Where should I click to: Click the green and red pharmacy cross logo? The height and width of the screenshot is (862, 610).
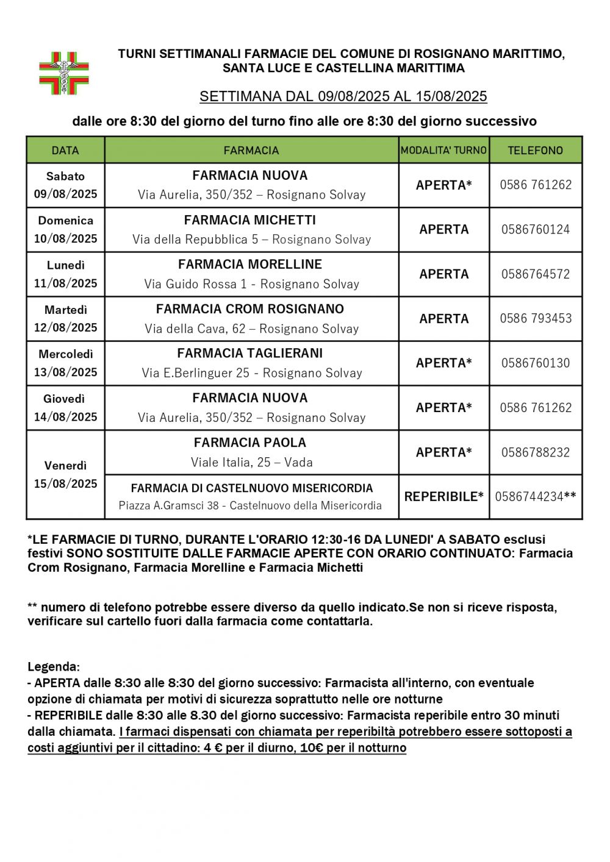point(65,73)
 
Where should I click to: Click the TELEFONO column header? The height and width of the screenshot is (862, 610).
point(535,150)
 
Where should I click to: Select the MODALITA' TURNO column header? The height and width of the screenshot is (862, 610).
point(443,150)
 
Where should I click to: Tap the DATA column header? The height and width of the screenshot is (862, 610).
point(65,150)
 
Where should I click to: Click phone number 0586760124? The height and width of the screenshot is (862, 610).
point(536,229)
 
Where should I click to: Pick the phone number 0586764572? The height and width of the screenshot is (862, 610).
point(536,274)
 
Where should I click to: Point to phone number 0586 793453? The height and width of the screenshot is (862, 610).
point(536,318)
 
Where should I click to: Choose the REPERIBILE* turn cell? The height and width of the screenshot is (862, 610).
point(443,496)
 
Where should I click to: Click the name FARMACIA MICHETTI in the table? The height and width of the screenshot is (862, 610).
point(250,220)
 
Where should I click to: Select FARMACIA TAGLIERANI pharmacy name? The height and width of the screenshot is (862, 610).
point(250,354)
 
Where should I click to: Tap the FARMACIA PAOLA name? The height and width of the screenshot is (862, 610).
point(250,443)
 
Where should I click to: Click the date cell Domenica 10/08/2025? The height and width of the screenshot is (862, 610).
point(65,229)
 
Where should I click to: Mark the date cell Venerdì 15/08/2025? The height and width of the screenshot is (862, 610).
point(65,474)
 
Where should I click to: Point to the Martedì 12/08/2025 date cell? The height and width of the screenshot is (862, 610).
point(65,318)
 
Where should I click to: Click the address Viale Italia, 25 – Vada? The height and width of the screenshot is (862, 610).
point(251,462)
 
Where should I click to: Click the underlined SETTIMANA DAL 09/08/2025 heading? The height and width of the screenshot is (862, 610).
point(343,96)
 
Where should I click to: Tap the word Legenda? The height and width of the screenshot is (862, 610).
point(54,667)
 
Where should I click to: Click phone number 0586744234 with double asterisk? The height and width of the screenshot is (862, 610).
point(535,496)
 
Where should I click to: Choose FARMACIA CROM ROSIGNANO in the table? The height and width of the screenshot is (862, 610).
point(250,309)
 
